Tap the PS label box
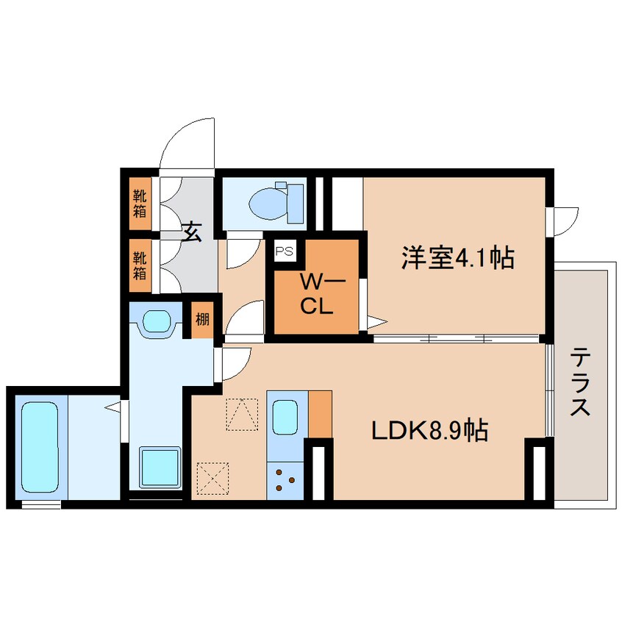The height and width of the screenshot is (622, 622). (x=284, y=251)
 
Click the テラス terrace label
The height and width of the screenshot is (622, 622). (x=580, y=383)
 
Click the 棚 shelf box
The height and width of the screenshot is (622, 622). (x=202, y=321)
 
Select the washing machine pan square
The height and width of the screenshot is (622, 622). (x=160, y=466)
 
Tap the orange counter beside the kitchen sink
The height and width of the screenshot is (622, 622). (x=320, y=414)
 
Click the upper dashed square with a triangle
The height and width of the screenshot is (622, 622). (x=242, y=414)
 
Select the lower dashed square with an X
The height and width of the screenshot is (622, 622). (x=212, y=479)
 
